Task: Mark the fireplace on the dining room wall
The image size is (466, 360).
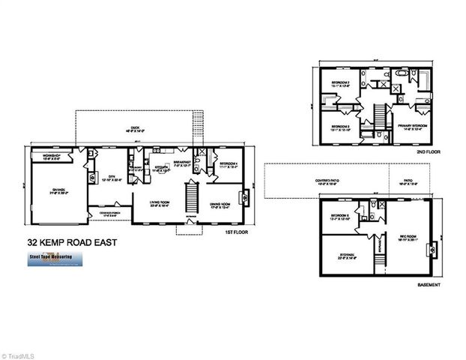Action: (x=245, y=198)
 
